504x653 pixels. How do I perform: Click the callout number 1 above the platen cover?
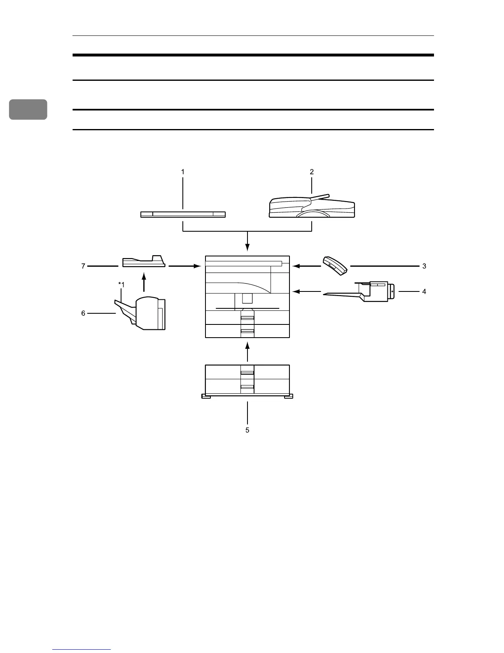point(183,171)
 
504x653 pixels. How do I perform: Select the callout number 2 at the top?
point(312,171)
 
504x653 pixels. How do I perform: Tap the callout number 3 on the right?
point(424,266)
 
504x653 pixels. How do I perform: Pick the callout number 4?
point(424,291)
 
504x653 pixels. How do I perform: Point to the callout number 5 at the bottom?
point(247,430)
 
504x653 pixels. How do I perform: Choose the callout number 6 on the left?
point(83,313)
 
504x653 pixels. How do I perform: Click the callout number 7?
point(83,266)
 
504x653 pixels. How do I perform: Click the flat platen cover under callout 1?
point(183,214)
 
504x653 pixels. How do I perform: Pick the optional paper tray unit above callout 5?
point(247,381)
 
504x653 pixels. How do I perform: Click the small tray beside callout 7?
point(143,262)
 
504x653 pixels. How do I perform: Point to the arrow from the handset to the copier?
point(307,266)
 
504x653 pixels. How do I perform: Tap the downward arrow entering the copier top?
point(247,241)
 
